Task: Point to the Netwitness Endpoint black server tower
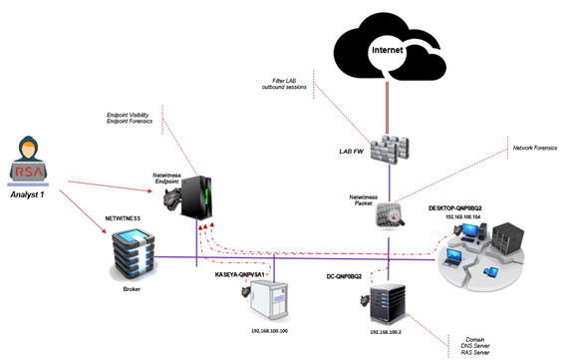pyautogui.click(x=200, y=204)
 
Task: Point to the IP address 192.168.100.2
pyautogui.click(x=385, y=330)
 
